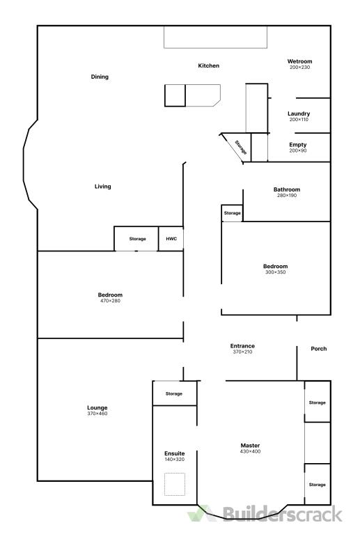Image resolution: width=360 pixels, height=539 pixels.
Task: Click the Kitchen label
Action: pos(208,65)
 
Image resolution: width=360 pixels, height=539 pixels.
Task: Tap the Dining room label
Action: pos(100,77)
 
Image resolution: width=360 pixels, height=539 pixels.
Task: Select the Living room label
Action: pos(103,187)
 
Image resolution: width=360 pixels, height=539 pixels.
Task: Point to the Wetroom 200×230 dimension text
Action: pos(300,68)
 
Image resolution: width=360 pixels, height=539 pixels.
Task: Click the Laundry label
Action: pos(299,114)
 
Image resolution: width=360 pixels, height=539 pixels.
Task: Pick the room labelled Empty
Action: pos(298,145)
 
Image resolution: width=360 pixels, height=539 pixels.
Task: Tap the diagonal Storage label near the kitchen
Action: pos(241,147)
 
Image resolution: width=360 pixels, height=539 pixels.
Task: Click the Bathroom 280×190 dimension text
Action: pos(287,195)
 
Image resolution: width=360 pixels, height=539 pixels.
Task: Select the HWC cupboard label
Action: pos(171,239)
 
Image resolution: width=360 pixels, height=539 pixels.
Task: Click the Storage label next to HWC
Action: pos(138,239)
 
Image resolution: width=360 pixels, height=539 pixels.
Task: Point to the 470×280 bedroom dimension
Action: pos(111,301)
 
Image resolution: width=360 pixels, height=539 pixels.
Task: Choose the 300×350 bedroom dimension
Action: pos(276,272)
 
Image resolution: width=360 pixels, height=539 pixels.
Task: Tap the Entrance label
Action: pos(242,346)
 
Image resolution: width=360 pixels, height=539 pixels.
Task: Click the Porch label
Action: pos(319,349)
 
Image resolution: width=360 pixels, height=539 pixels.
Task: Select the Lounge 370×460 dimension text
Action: pos(97,414)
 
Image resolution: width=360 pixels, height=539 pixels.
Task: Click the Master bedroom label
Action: pos(250,446)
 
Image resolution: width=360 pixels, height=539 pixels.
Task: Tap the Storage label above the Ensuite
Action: pos(174,393)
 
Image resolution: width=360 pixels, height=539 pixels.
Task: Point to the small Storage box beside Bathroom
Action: pos(232,213)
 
